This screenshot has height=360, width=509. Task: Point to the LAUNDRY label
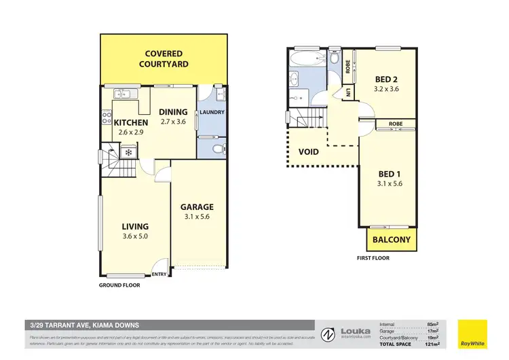point(212,113)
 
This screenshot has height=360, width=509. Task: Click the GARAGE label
point(197,207)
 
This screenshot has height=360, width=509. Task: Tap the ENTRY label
point(160,274)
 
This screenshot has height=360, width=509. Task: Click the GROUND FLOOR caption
point(119,285)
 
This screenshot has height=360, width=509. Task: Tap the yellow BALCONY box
point(392,239)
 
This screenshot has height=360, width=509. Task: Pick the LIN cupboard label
point(347,92)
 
